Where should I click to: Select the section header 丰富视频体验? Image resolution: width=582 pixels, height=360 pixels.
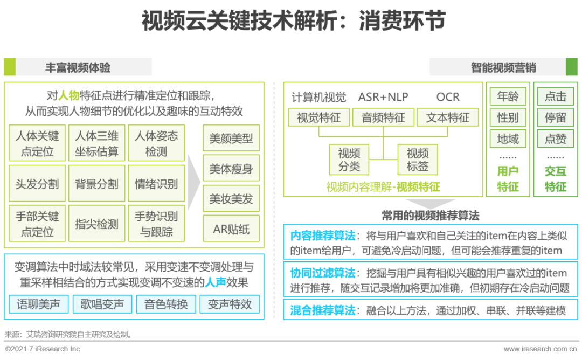click(x=78, y=67)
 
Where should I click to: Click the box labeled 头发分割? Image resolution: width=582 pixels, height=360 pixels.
click(x=37, y=184)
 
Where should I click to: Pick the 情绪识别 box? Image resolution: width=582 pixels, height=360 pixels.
click(x=156, y=184)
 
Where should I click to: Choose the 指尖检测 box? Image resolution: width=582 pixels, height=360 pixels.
click(x=96, y=224)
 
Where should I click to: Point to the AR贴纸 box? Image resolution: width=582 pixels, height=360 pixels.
click(x=231, y=229)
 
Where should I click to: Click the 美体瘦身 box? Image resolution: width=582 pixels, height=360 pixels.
click(x=231, y=169)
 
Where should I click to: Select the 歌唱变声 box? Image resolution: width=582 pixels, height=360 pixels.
click(x=102, y=304)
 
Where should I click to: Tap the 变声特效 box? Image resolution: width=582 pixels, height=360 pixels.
click(x=230, y=304)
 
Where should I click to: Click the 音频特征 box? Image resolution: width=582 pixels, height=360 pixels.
click(x=383, y=117)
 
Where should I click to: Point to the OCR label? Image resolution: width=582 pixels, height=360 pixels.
click(x=448, y=97)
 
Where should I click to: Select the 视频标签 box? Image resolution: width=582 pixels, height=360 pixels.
click(x=418, y=160)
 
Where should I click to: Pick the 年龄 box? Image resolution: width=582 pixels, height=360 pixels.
click(x=508, y=96)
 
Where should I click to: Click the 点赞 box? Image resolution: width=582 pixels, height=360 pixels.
click(x=556, y=139)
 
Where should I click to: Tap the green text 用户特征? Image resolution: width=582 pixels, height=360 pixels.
click(x=508, y=179)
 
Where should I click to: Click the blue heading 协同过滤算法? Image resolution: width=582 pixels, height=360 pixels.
click(x=322, y=273)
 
